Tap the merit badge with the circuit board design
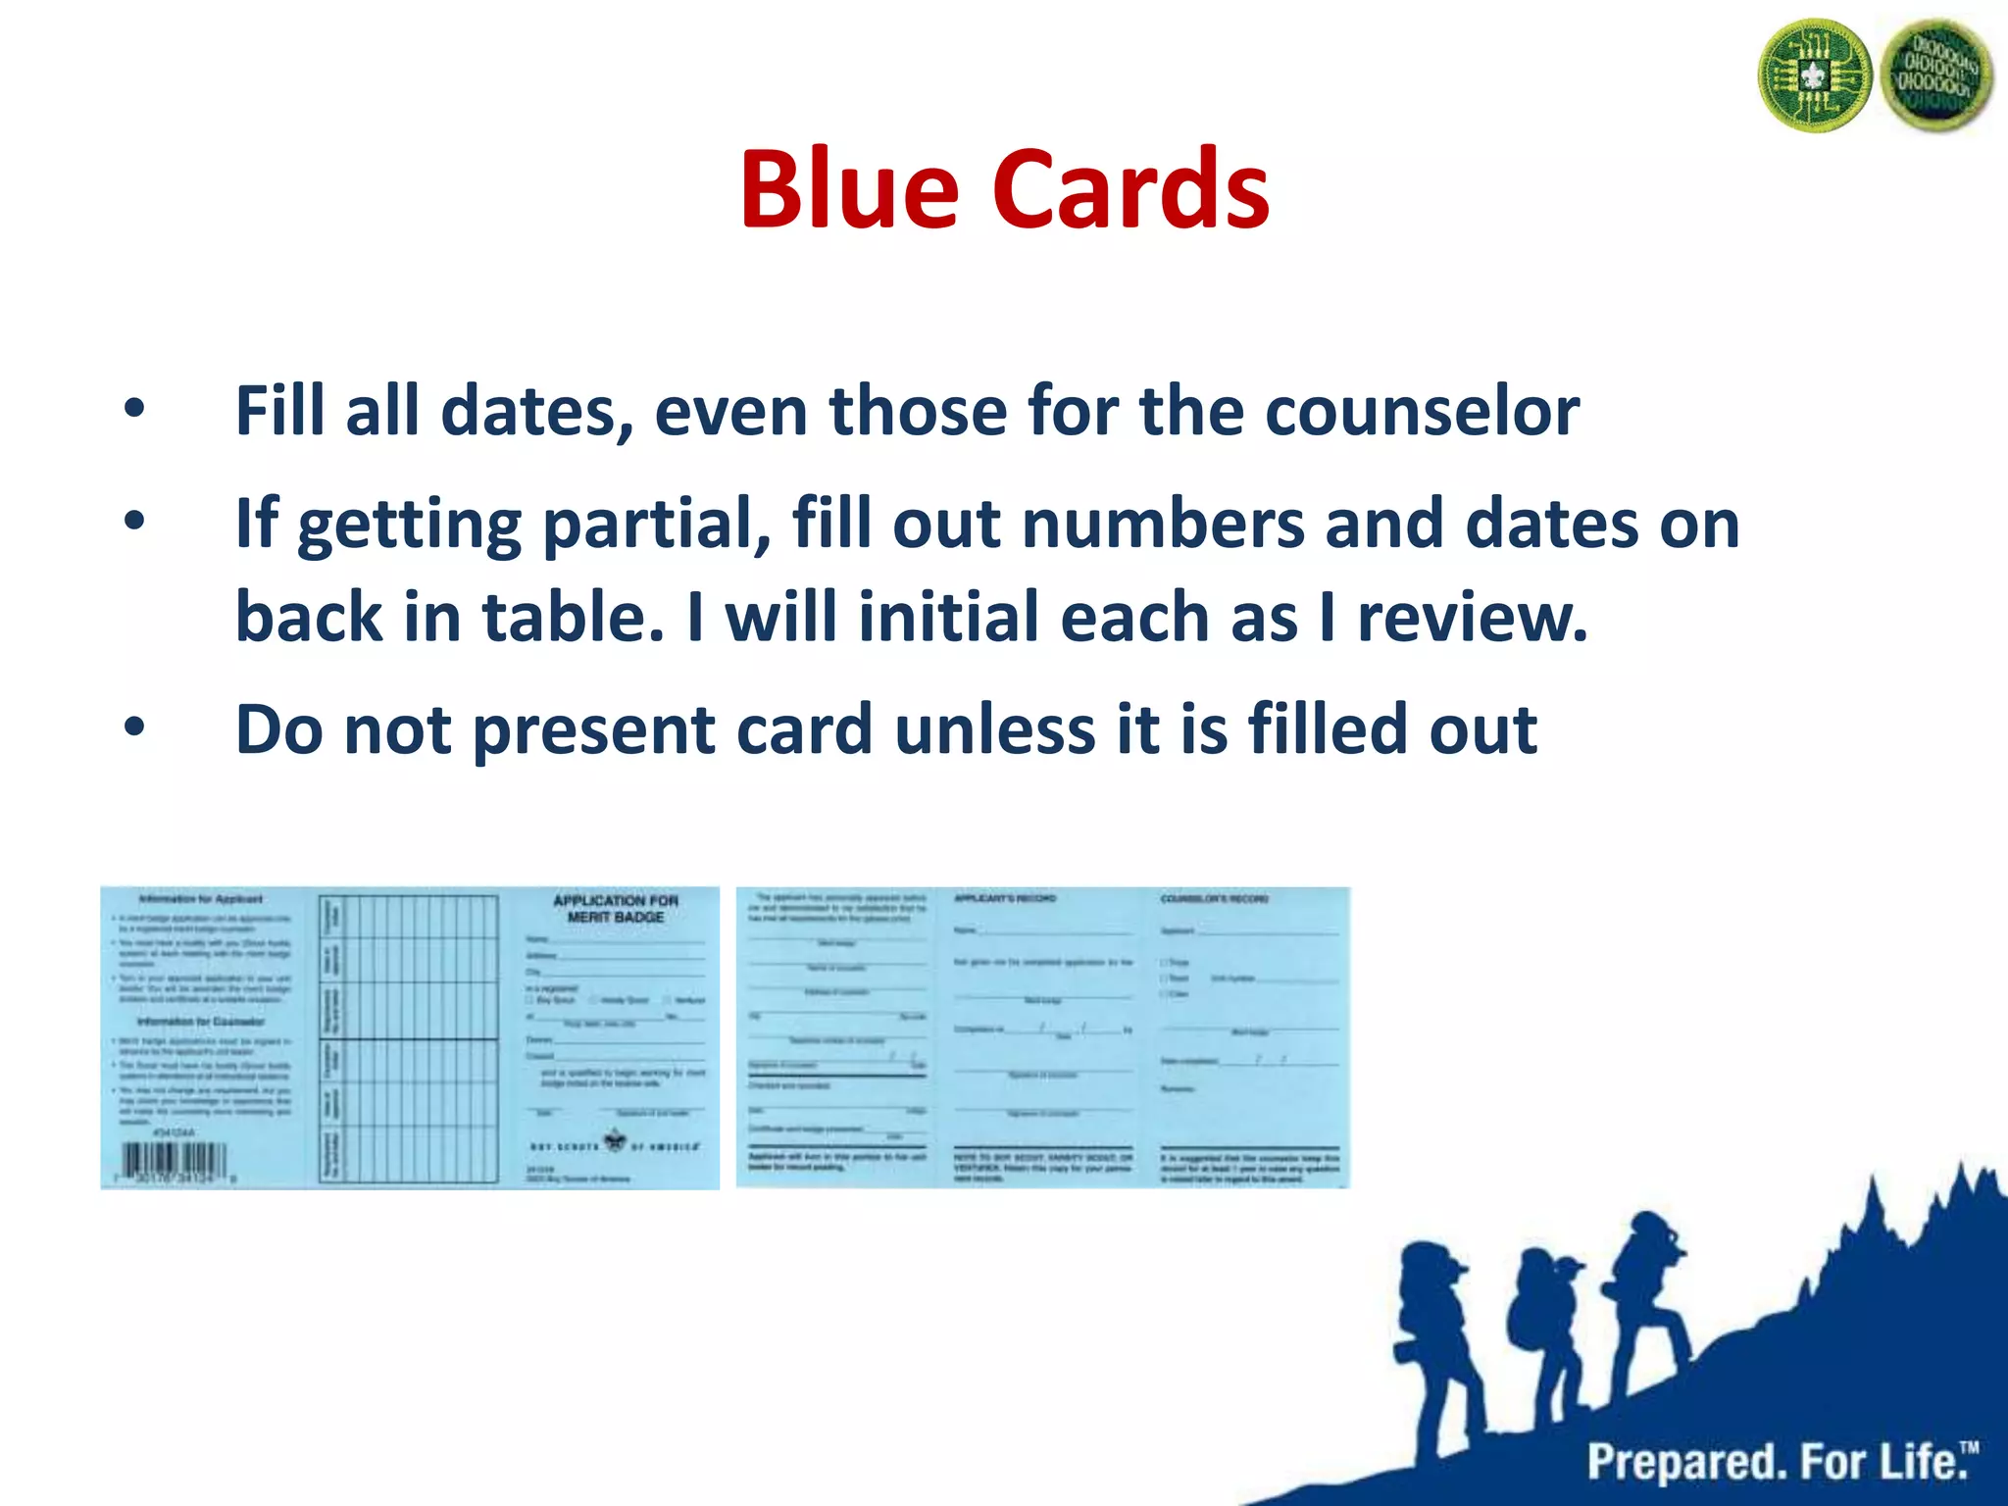click(x=1814, y=76)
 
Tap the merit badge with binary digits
click(x=1935, y=76)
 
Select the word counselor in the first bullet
click(x=1422, y=411)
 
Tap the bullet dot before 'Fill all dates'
click(x=134, y=411)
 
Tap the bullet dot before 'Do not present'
click(x=134, y=728)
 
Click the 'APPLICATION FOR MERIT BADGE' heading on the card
click(x=616, y=908)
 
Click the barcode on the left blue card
click(x=174, y=1164)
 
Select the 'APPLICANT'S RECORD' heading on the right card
click(x=1005, y=898)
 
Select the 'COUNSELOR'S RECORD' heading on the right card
click(x=1214, y=898)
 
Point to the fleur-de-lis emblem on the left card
click(x=615, y=1141)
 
